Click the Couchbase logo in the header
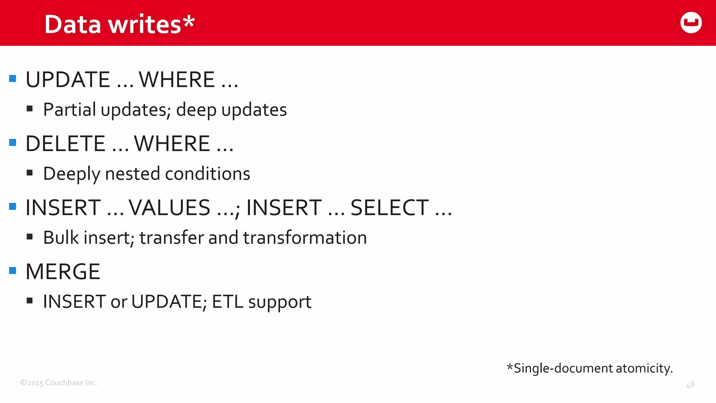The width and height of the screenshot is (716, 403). (691, 23)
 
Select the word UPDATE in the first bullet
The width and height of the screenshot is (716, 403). (68, 80)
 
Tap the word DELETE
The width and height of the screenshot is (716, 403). (65, 144)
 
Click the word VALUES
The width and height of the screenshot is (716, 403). (170, 208)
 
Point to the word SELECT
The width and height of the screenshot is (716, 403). (389, 208)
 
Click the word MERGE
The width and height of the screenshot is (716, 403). (63, 272)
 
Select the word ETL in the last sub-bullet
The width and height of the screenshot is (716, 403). (227, 302)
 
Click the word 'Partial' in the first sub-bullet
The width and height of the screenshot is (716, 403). (70, 110)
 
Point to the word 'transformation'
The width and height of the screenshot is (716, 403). (305, 238)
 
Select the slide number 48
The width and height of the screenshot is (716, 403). (690, 385)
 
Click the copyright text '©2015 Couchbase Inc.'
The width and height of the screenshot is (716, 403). (58, 383)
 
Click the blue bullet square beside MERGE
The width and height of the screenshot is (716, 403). (13, 270)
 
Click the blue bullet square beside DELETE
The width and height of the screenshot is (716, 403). (13, 142)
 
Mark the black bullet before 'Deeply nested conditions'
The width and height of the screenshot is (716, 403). (30, 173)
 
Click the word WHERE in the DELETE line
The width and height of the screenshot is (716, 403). (172, 144)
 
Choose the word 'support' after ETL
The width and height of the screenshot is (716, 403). (280, 302)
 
